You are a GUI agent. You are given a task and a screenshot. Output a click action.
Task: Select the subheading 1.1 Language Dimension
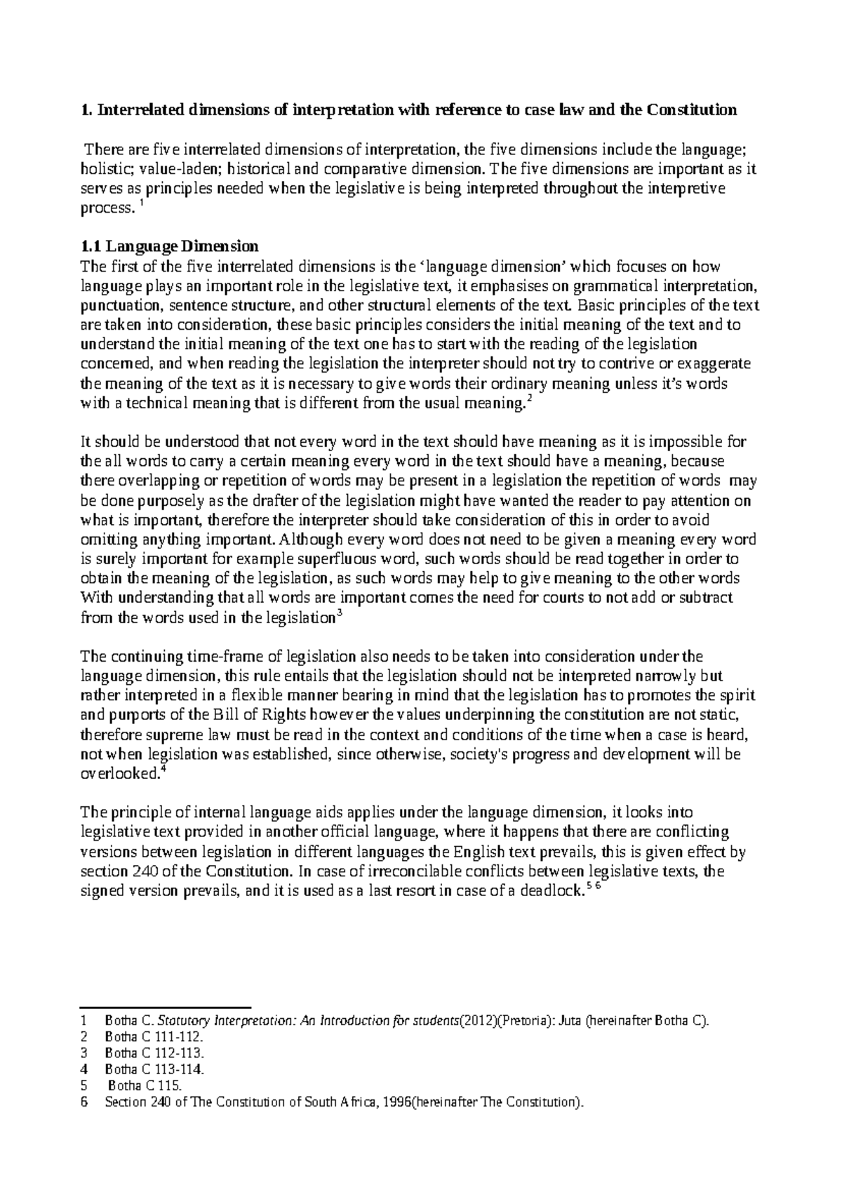pos(170,247)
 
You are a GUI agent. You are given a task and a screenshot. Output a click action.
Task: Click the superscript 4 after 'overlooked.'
pos(163,770)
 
